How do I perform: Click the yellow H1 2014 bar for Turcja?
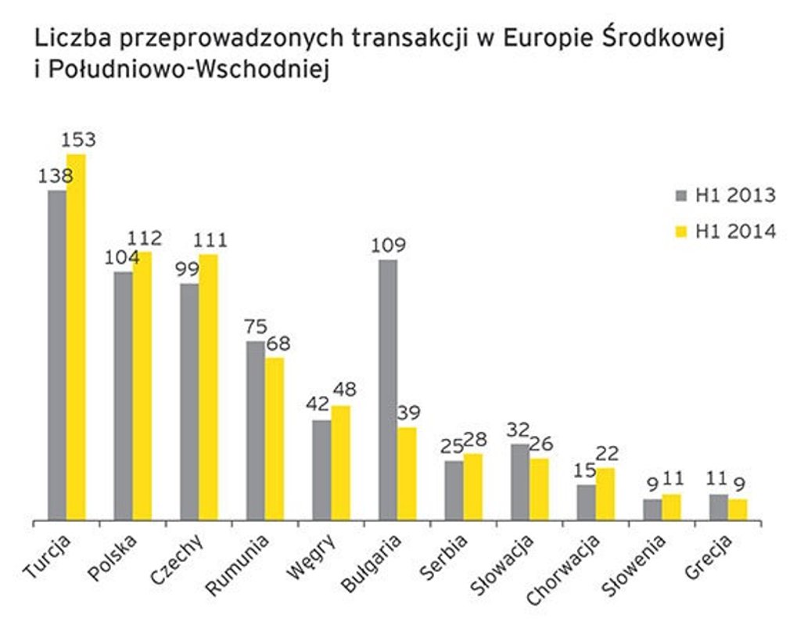[76, 336]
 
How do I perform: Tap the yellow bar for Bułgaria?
[407, 473]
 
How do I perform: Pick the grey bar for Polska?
[123, 395]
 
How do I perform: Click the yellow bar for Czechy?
[208, 387]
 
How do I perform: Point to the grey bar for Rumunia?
[255, 430]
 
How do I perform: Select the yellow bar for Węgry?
[341, 462]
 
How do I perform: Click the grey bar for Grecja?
[719, 506]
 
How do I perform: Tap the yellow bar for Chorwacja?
[605, 493]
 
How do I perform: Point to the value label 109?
[389, 245]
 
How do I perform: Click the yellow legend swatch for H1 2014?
[680, 232]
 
